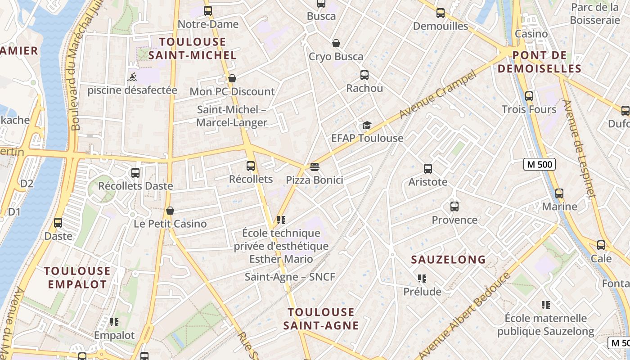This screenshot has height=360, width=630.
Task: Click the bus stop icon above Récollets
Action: coord(251,166)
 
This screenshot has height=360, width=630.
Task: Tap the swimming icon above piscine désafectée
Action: coord(132,77)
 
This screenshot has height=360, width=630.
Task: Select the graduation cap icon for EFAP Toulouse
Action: coord(367,125)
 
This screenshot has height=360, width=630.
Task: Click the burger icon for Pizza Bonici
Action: coord(315,167)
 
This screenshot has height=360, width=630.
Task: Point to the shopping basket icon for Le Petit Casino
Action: coord(170,211)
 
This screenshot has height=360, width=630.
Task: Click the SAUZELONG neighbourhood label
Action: coord(449,260)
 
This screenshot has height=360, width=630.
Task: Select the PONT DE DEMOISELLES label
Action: coord(540,62)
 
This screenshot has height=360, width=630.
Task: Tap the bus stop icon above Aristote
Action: coord(428,169)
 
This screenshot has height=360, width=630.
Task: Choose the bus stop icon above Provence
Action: coord(454,207)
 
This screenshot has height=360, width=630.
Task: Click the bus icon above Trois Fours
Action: coord(529,96)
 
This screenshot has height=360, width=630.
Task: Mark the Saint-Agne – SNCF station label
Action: coord(290,277)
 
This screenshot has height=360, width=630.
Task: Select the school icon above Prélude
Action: coord(422,279)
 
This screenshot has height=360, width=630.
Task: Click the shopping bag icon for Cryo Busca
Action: coord(336,43)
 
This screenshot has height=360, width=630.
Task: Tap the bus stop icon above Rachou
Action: coord(364,75)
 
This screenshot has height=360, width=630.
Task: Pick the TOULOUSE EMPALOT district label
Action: coord(77,278)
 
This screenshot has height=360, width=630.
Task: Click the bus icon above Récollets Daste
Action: coord(135,172)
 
